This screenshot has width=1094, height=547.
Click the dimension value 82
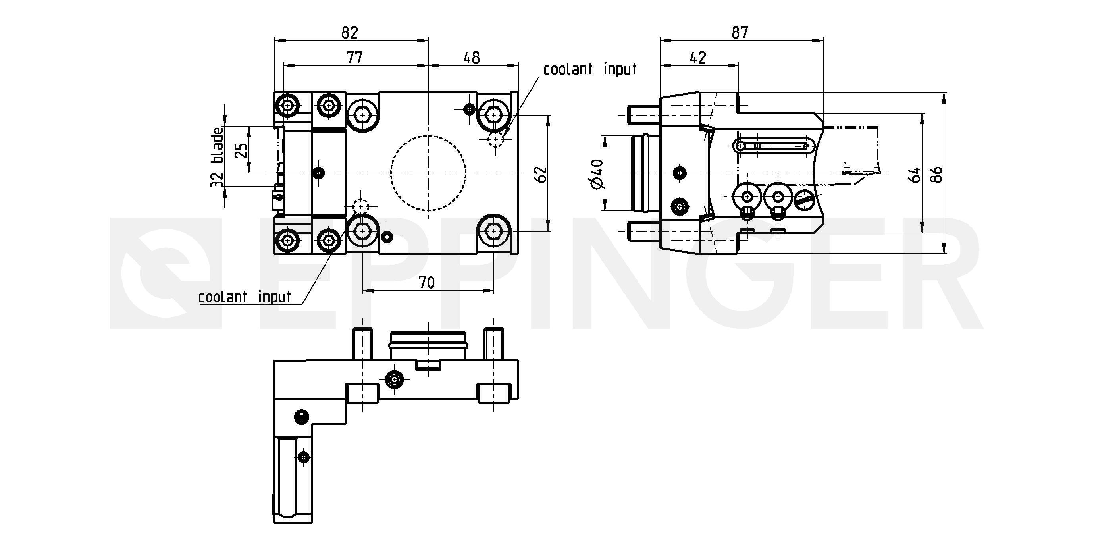tap(350, 32)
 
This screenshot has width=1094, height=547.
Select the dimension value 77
tap(354, 57)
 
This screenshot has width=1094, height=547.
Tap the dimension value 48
tap(472, 57)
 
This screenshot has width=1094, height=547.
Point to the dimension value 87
tap(740, 32)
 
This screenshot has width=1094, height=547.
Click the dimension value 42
tap(698, 57)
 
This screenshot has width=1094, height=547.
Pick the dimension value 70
tap(427, 282)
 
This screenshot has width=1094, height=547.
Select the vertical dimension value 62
tap(541, 174)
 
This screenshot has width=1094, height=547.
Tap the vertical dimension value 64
tap(915, 174)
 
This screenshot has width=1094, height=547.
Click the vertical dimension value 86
tap(936, 174)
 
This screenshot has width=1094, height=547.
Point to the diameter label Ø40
tap(597, 174)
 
